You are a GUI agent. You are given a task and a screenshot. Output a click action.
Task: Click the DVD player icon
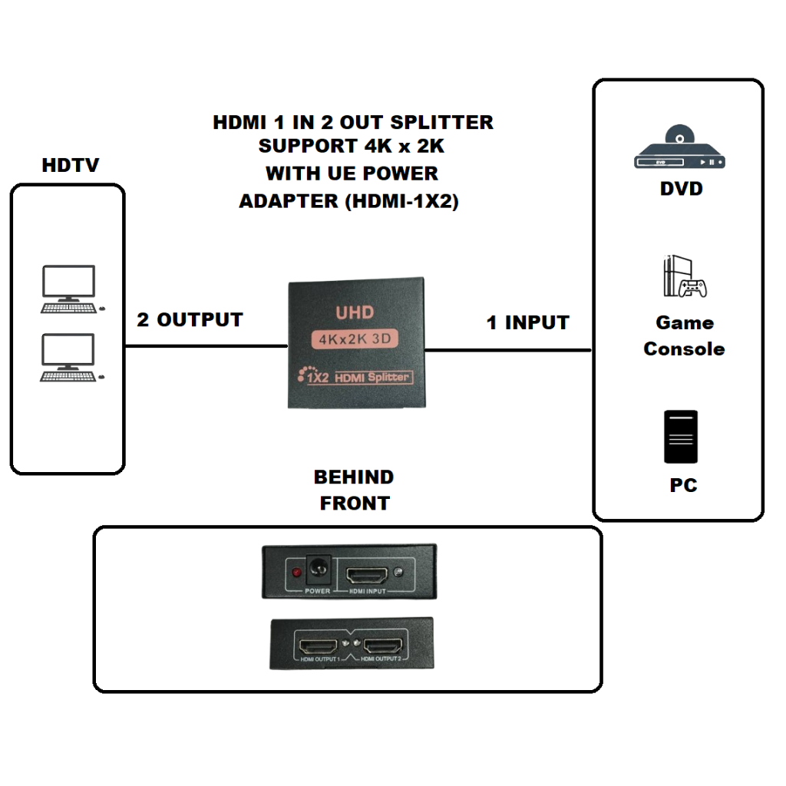point(679,149)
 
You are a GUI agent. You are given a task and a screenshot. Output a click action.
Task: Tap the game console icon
point(682,277)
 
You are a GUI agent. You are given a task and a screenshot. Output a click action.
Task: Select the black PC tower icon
point(681,437)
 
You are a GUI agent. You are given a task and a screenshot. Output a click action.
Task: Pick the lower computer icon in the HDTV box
point(70,358)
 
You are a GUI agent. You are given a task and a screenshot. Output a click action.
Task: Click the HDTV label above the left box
point(70,165)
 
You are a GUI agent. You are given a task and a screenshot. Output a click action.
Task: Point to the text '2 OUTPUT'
point(190,320)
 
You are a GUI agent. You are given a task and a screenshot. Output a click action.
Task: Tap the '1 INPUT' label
point(528,323)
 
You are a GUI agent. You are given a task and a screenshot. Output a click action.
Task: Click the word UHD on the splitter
point(355,313)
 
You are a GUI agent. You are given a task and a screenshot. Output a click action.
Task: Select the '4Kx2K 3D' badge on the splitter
point(355,339)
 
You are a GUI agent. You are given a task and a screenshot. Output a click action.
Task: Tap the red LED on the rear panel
point(296,573)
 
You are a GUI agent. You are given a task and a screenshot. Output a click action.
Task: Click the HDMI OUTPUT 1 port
point(319,644)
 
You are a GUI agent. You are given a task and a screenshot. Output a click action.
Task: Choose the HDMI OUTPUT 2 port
point(382,644)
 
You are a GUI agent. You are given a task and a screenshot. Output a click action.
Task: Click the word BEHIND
point(354,477)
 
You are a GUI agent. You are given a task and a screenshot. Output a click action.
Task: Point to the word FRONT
point(354,504)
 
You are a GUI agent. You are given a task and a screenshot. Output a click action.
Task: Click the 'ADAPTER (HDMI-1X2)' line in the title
point(348,202)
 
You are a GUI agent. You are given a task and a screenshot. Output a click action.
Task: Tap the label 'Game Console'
point(684,335)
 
